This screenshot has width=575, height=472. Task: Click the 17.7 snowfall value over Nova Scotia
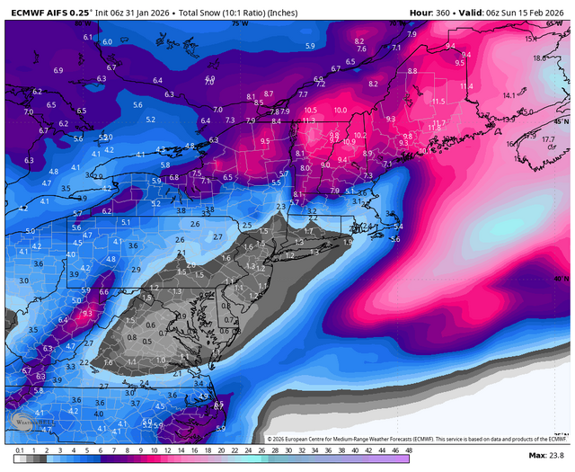pyautogui.click(x=548, y=139)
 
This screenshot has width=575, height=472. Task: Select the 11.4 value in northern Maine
pyautogui.click(x=466, y=85)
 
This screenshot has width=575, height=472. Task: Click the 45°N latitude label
pyautogui.click(x=561, y=120)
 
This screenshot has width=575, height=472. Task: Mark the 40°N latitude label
pyautogui.click(x=561, y=280)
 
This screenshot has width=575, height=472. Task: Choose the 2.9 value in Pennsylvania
pyautogui.click(x=136, y=270)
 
